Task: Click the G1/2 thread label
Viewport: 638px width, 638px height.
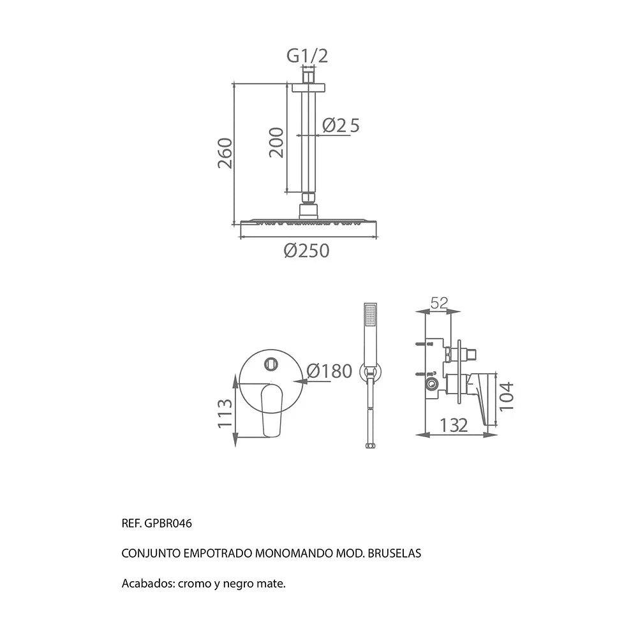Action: [308, 56]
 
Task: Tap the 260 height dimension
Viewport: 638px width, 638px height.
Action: [225, 153]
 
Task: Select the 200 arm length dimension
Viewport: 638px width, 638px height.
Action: [276, 142]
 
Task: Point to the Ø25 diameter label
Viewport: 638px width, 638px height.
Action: [341, 125]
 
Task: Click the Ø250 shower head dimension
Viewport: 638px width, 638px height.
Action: [306, 251]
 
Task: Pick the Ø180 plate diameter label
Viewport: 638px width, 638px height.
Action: [329, 371]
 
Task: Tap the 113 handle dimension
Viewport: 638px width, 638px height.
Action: [225, 413]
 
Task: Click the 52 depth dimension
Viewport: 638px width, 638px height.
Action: [439, 302]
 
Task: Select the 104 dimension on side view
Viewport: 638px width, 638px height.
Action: [507, 397]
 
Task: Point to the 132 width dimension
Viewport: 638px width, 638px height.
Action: [454, 426]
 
